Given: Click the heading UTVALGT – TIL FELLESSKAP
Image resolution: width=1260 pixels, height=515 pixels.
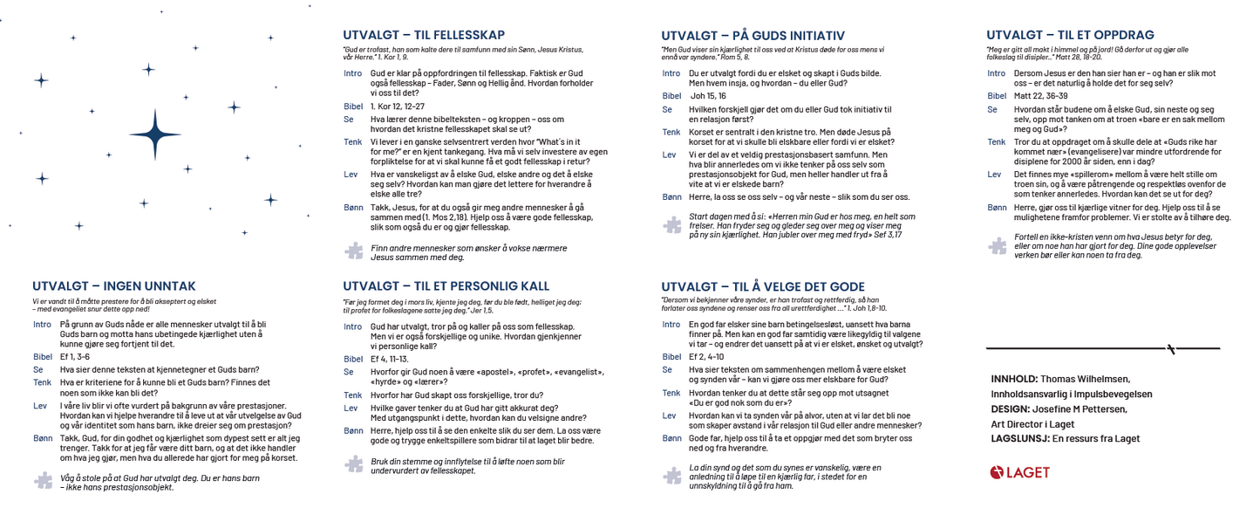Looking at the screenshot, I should click(423, 35).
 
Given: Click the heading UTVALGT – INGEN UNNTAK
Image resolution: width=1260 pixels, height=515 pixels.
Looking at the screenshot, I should click(114, 286).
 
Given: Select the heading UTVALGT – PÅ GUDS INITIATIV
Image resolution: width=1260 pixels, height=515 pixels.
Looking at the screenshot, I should click(753, 36).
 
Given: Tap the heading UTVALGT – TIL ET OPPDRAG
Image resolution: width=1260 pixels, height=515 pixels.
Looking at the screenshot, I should click(1070, 35).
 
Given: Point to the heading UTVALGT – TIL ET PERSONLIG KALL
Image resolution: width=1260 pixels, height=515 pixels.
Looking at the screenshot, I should click(446, 286).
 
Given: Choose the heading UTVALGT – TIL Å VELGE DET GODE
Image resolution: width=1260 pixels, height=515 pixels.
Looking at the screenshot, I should click(763, 286).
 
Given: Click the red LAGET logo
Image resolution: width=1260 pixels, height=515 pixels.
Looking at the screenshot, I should click(1020, 472).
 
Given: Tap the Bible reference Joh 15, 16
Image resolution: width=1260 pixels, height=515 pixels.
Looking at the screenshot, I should click(708, 96).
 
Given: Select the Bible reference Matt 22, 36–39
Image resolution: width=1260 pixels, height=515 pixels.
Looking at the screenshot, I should click(1041, 96).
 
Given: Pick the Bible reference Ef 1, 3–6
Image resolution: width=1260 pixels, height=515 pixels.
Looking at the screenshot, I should click(75, 356).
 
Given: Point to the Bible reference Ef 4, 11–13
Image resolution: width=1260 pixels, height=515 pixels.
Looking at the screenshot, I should click(390, 359).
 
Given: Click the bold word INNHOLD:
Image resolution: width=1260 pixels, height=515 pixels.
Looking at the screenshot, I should click(1014, 379).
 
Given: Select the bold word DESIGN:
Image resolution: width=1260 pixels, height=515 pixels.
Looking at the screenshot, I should click(1010, 409).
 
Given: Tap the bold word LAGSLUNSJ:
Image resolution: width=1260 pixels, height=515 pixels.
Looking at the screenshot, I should click(1020, 438).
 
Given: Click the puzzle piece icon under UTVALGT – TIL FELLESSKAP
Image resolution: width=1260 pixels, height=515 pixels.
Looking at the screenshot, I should click(353, 251).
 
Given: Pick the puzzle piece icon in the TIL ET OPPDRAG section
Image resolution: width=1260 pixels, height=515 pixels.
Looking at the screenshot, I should click(997, 246).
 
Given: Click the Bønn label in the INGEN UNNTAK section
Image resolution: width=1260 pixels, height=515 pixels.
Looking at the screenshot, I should click(42, 438).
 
